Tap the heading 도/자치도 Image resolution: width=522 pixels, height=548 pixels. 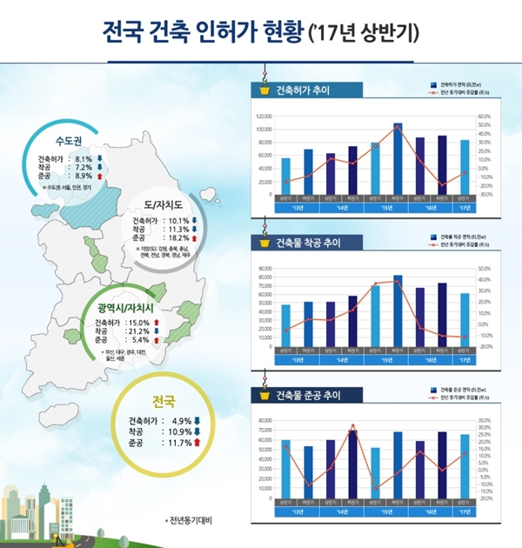[165, 205]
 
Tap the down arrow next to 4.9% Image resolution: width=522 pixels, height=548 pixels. [197, 421]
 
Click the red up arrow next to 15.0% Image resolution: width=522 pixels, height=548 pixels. [157, 322]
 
